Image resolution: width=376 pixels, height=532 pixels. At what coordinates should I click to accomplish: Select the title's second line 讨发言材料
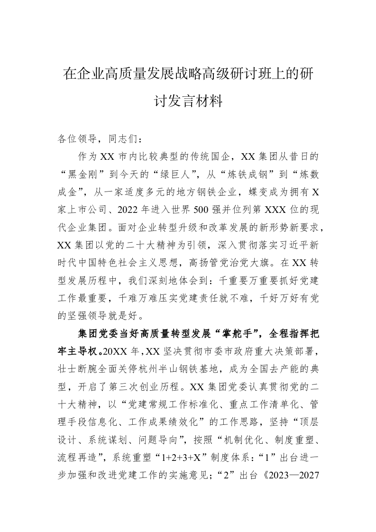point(188,101)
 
